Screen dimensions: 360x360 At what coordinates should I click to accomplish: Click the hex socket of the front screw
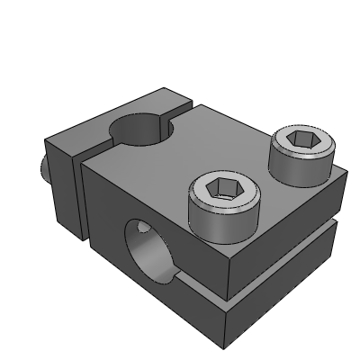(220, 188)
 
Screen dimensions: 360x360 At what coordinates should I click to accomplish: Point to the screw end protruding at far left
(41, 167)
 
